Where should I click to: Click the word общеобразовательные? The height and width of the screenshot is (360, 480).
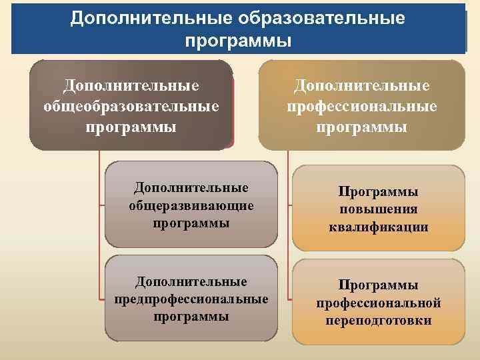pyautogui.click(x=131, y=107)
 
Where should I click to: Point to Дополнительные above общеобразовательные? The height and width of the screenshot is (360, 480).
pyautogui.click(x=131, y=86)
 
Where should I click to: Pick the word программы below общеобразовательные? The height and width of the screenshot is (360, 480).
pyautogui.click(x=131, y=127)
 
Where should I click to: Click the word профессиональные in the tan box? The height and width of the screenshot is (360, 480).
pyautogui.click(x=362, y=107)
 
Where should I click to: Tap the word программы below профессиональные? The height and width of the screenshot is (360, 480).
pyautogui.click(x=362, y=127)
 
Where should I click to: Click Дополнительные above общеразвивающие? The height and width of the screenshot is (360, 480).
pyautogui.click(x=191, y=189)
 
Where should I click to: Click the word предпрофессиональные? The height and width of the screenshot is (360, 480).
pyautogui.click(x=191, y=299)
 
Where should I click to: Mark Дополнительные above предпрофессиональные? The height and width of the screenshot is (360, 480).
pyautogui.click(x=191, y=282)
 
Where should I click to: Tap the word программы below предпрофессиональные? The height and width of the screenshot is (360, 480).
pyautogui.click(x=191, y=317)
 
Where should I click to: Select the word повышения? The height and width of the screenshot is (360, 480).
pyautogui.click(x=378, y=209)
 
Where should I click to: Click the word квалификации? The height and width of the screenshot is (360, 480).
pyautogui.click(x=378, y=227)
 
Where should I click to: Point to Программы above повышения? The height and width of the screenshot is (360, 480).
pyautogui.click(x=378, y=192)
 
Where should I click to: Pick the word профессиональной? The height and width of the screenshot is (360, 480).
pyautogui.click(x=378, y=303)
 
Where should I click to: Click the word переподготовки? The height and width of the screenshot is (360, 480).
pyautogui.click(x=378, y=321)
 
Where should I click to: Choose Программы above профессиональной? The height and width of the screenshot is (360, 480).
pyautogui.click(x=378, y=285)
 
